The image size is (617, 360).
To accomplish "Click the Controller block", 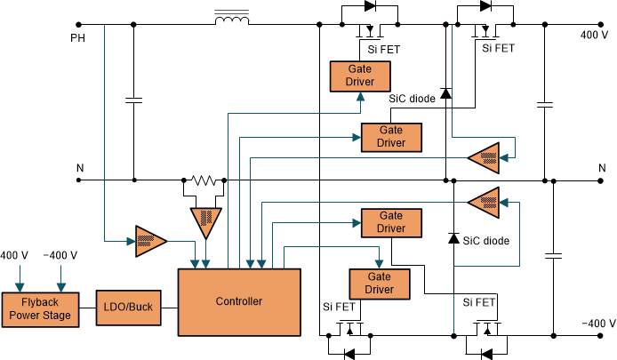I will click(x=238, y=301).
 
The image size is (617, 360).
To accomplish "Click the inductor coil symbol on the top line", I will click(x=231, y=18).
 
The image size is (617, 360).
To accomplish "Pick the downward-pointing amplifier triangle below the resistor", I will click(x=205, y=221).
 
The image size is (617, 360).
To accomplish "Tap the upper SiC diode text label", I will click(x=412, y=99).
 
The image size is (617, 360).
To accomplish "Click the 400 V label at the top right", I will click(x=594, y=36).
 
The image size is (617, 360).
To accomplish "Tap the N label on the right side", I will click(x=601, y=166).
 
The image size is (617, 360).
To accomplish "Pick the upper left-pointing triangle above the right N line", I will click(x=485, y=157).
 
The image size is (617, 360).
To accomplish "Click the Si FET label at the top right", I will click(x=499, y=49).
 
